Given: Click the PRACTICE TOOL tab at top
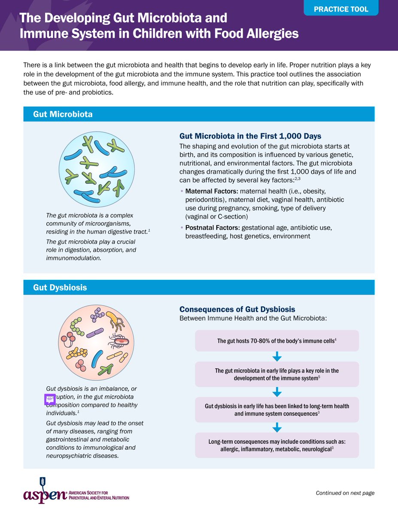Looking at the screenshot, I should click(341, 9).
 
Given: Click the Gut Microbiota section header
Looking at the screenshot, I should click(63, 114).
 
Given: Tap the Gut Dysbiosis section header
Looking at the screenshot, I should click(60, 288).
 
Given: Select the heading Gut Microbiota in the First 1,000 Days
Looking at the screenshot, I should click(250, 136).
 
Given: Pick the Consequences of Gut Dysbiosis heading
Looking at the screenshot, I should click(237, 309).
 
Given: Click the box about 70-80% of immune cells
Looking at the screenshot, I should click(277, 341).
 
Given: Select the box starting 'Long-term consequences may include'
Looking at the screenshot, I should click(277, 445).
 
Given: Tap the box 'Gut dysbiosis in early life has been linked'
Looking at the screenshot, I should click(277, 410).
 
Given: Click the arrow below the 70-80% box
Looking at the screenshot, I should click(277, 356).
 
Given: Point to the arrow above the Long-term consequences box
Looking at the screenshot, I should click(277, 427).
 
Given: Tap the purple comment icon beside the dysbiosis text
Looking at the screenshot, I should click(50, 399).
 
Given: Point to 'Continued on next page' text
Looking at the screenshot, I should click(345, 493).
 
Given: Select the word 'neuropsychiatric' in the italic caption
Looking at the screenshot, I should click(69, 456).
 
